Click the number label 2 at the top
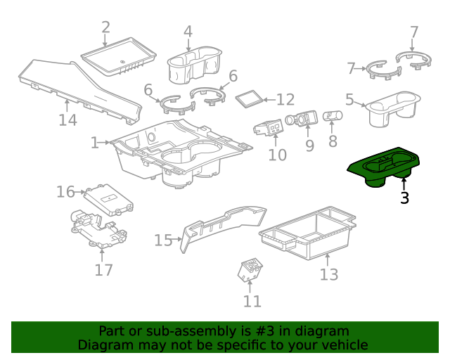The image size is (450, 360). pyautogui.click(x=106, y=28)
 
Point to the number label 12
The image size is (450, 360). pyautogui.click(x=285, y=100)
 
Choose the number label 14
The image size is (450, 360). pyautogui.click(x=67, y=120)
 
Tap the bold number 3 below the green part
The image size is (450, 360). pyautogui.click(x=404, y=198)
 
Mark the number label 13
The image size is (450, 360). pyautogui.click(x=329, y=274)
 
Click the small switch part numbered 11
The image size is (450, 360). pyautogui.click(x=248, y=270)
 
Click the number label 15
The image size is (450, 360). pyautogui.click(x=163, y=240)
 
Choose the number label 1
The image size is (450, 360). pyautogui.click(x=95, y=143)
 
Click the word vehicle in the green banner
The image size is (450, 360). pyautogui.click(x=342, y=345)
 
